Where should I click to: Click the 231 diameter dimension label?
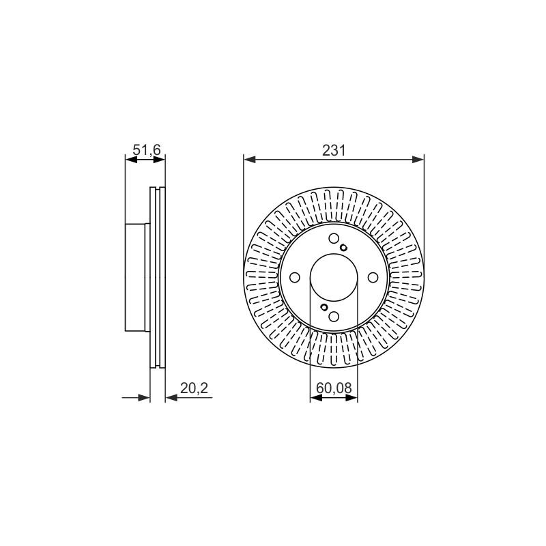pyautogui.click(x=334, y=150)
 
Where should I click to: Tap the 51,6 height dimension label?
pyautogui.click(x=147, y=150)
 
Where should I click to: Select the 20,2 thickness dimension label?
pyautogui.click(x=194, y=388)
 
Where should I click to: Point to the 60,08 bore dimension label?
pyautogui.click(x=334, y=388)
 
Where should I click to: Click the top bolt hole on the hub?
pyautogui.click(x=334, y=238)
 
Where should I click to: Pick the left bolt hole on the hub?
pyautogui.click(x=295, y=278)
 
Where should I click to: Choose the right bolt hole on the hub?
pyautogui.click(x=373, y=278)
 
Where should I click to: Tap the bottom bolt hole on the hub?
pyautogui.click(x=334, y=317)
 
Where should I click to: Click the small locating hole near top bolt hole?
pyautogui.click(x=344, y=248)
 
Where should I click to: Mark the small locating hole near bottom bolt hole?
pyautogui.click(x=324, y=307)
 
